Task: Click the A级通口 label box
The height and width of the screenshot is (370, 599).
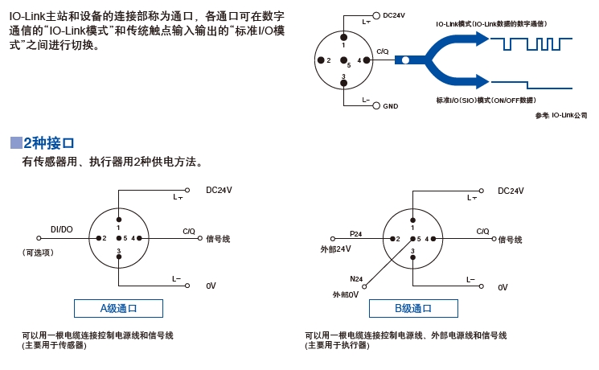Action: (118, 308)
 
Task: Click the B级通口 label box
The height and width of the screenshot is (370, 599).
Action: (413, 308)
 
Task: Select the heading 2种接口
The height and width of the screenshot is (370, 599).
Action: (48, 143)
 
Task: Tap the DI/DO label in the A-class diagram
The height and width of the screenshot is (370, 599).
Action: (61, 229)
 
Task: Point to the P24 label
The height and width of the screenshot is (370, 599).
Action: (355, 233)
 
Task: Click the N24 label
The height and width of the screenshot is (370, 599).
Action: (356, 279)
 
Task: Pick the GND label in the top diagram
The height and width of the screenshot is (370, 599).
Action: (391, 106)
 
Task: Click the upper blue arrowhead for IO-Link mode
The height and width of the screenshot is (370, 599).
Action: (482, 39)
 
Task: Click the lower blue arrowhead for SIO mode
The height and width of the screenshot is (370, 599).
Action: (482, 81)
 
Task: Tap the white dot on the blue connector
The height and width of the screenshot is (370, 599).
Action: (406, 60)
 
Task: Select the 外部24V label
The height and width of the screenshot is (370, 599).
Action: (336, 249)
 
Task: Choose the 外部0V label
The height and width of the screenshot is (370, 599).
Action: (346, 294)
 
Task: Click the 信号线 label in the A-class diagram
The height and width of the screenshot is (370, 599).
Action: (218, 239)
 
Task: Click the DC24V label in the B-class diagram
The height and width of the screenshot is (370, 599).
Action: (511, 191)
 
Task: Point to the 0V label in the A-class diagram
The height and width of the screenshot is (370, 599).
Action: (211, 286)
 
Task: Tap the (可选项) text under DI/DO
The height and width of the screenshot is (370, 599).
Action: (38, 253)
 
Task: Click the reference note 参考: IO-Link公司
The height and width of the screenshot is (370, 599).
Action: (561, 115)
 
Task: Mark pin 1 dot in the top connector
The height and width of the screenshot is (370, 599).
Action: (344, 37)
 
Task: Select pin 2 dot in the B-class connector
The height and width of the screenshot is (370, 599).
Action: (392, 239)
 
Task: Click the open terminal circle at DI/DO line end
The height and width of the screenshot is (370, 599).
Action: (39, 238)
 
